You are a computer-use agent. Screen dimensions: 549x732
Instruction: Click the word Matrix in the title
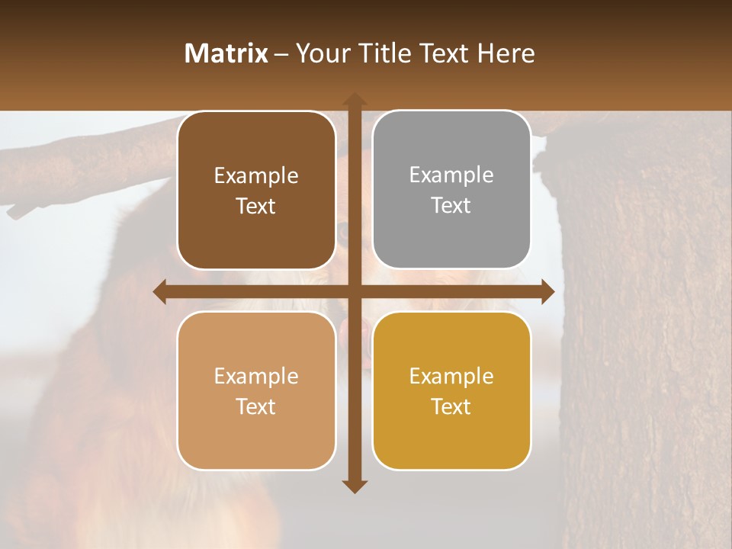226,53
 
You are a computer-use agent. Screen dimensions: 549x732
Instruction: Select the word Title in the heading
384,53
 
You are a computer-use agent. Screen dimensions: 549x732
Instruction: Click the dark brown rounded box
256,191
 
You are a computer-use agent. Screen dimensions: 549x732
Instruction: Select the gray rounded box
451,190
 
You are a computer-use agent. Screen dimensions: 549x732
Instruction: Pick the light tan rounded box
256,390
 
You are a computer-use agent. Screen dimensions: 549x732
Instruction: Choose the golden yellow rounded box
451,390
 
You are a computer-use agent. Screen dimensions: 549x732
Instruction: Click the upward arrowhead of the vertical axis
354,98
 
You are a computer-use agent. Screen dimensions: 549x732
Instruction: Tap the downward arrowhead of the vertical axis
354,486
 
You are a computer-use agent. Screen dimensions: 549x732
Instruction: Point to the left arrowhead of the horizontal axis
159,291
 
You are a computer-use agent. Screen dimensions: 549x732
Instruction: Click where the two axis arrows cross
354,291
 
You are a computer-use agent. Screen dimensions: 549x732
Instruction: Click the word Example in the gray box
451,175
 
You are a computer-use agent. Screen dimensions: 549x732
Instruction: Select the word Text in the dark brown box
256,207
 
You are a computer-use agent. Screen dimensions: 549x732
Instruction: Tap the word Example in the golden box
451,376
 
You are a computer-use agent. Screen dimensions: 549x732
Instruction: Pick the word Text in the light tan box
256,406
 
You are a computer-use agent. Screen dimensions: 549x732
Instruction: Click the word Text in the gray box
451,206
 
